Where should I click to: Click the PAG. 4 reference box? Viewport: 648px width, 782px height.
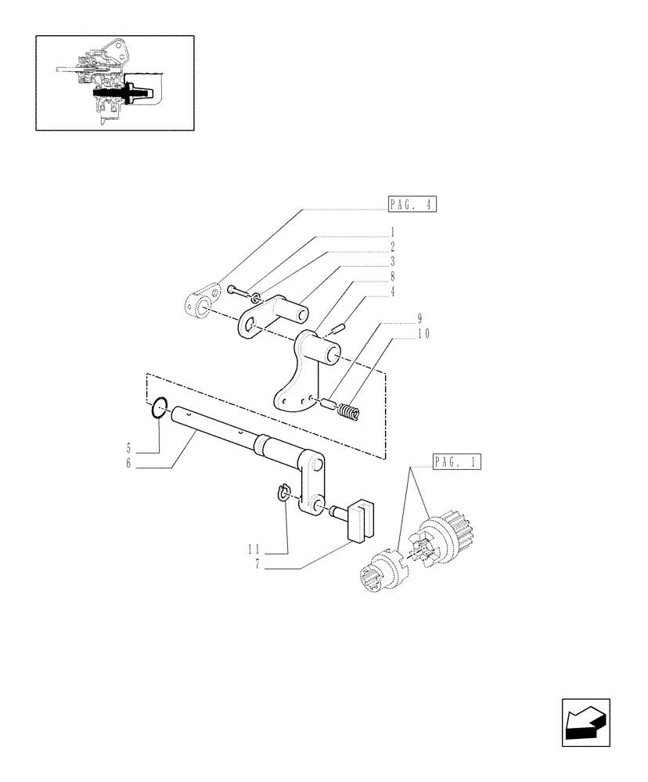(412, 205)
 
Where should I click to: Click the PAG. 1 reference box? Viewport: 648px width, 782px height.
(455, 462)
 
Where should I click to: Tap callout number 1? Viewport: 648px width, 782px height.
(393, 232)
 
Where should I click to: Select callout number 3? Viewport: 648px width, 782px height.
(393, 260)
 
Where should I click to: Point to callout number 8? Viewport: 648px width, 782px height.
(393, 276)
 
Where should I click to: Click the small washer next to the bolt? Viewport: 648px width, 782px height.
(256, 297)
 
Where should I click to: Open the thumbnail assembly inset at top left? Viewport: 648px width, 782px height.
(114, 82)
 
